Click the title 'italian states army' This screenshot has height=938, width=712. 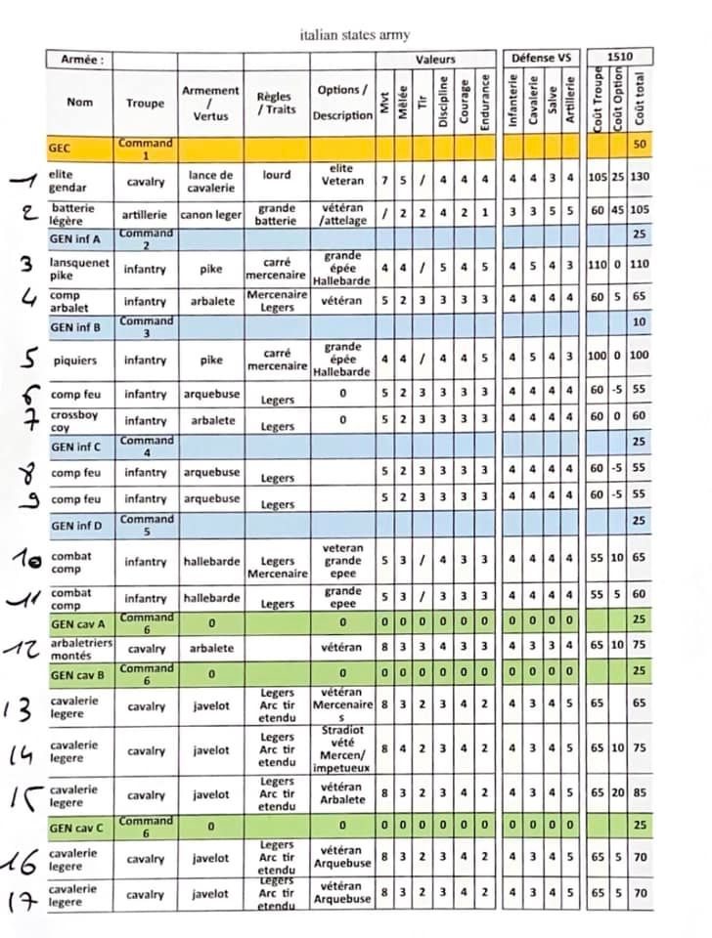355,35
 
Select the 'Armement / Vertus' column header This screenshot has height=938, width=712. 210,103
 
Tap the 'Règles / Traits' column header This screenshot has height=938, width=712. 274,103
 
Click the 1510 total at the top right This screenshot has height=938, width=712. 619,58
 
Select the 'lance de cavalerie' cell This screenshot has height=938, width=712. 210,181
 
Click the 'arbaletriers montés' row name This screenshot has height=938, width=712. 80,647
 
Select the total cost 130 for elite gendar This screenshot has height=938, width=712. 640,181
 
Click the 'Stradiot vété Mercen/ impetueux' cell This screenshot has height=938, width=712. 342,750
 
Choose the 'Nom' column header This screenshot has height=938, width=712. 80,102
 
